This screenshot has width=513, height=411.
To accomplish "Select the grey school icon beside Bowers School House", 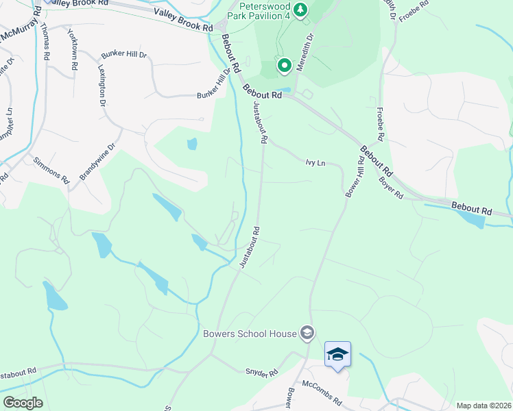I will pyautogui.click(x=307, y=334).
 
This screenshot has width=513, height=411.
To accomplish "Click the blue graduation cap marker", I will pyautogui.click(x=337, y=354).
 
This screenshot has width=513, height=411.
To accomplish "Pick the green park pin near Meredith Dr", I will pyautogui.click(x=284, y=66).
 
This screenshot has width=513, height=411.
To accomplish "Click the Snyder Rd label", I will pyautogui.click(x=261, y=372).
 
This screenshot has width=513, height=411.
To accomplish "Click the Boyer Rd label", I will pyautogui.click(x=392, y=188).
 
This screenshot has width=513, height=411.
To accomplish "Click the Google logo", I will pyautogui.click(x=23, y=403).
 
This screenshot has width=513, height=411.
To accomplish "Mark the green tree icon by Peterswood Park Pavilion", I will pyautogui.click(x=300, y=10).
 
